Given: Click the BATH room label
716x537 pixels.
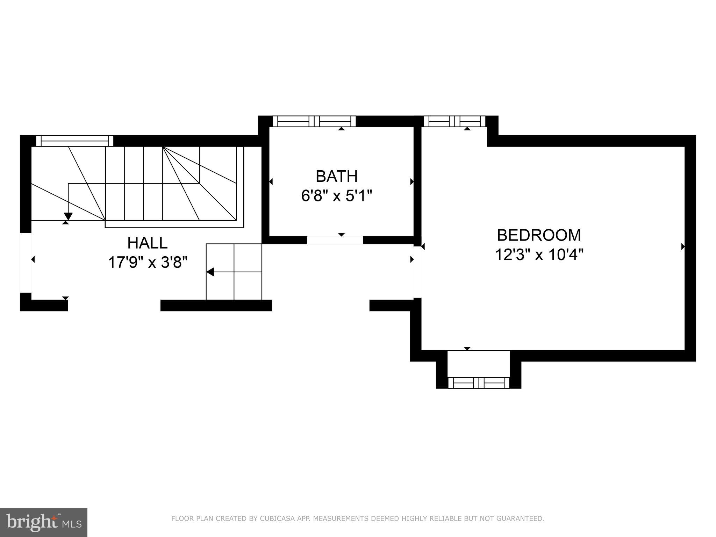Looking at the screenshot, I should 336,177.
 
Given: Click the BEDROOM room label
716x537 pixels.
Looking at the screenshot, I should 539,235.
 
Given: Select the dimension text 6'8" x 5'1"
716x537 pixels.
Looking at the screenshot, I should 336,196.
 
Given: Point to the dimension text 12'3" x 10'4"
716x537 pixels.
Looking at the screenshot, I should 539,255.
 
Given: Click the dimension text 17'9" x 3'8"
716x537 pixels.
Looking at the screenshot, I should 148,263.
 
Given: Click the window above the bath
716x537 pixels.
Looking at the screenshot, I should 314,121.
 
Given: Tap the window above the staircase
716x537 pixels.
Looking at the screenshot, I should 74,141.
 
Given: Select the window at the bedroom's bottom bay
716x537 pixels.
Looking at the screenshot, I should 478,383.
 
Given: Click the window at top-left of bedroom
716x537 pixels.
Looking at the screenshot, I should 454,121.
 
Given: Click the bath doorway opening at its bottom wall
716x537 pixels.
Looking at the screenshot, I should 335,240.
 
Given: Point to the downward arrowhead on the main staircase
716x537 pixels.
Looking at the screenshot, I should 68,216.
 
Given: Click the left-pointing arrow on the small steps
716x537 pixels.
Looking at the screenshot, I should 210,272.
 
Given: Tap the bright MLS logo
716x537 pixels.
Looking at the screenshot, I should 44,522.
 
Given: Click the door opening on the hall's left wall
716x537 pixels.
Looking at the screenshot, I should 26,262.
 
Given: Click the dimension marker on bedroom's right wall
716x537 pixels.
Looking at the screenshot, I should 683,247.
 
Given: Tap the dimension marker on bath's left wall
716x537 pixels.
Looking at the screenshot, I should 271,182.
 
